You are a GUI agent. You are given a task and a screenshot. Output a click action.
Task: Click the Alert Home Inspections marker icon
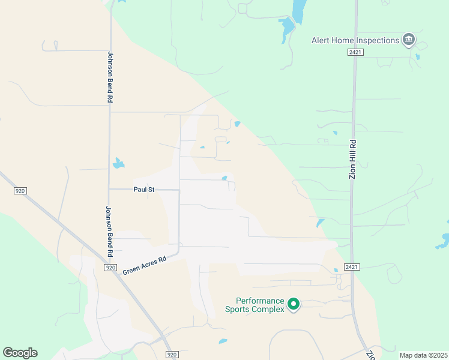click(x=409, y=40)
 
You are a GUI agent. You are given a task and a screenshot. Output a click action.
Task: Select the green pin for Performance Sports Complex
click(x=294, y=305)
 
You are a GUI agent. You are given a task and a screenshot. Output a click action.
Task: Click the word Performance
click(x=259, y=301)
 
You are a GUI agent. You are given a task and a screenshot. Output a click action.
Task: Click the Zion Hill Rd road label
click(x=353, y=160)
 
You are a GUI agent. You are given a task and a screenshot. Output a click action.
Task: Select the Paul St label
click(x=143, y=190)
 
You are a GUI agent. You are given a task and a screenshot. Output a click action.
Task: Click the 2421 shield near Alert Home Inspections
click(x=354, y=53)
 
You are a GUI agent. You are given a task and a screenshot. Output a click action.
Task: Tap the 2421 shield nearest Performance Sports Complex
click(x=352, y=266)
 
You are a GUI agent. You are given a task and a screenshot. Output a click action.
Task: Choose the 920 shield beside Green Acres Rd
click(x=110, y=268)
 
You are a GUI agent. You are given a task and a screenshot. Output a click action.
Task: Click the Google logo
click(x=20, y=353)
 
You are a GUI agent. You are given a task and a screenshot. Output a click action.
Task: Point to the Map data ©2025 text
click(x=423, y=355)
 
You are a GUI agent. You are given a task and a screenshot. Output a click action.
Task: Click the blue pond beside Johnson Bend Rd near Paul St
click(x=118, y=163)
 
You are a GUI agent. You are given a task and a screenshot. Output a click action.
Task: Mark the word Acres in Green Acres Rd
click(x=145, y=265)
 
